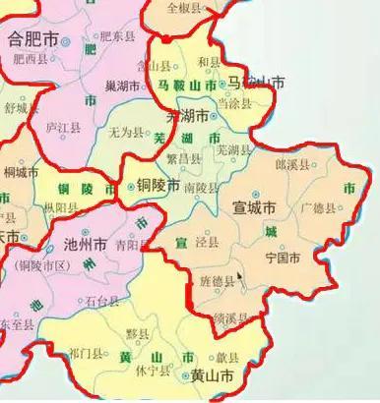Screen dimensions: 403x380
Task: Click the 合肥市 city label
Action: [31, 40]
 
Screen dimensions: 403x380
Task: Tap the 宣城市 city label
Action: [252, 207]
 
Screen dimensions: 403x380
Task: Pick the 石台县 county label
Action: [102, 301]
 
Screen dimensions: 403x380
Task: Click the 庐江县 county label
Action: [63, 128]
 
